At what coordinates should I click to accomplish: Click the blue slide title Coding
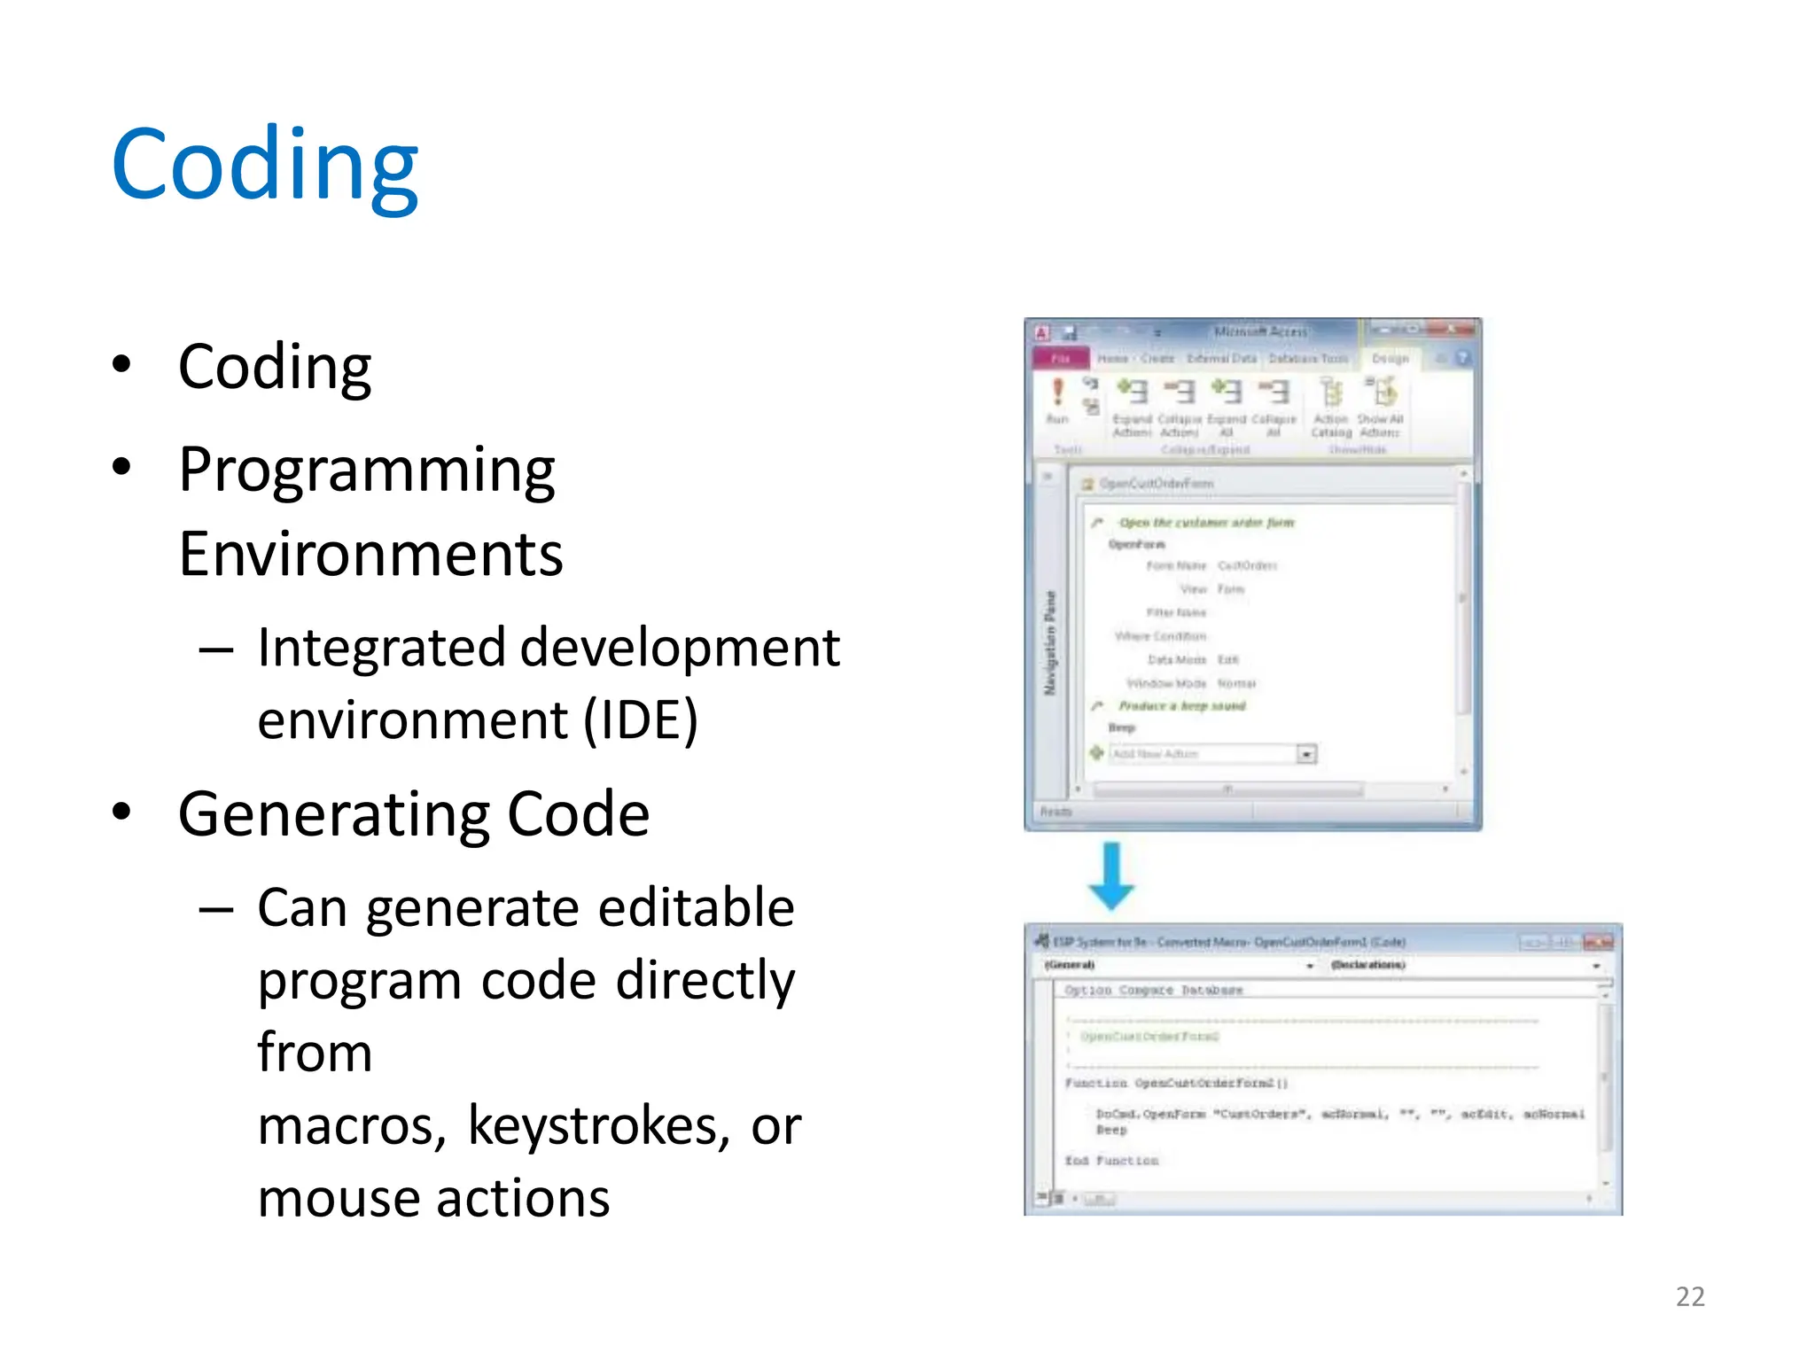pos(264,166)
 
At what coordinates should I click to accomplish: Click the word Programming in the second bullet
pos(366,470)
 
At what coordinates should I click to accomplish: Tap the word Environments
pos(370,555)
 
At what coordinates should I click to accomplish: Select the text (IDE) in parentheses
pos(641,719)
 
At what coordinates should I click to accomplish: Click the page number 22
pos(1690,1297)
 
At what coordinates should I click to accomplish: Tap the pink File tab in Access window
pos(1060,359)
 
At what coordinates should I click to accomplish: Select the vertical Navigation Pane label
pos(1050,642)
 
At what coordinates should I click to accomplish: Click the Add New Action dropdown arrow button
pos(1306,754)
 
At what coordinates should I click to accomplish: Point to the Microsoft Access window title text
pos(1259,331)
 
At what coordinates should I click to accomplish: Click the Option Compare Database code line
pos(1153,990)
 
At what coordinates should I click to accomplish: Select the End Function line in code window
pos(1111,1161)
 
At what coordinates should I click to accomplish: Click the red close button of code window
pos(1598,942)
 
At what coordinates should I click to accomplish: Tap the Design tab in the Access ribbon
pos(1390,359)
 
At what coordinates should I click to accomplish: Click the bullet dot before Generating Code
pos(122,813)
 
